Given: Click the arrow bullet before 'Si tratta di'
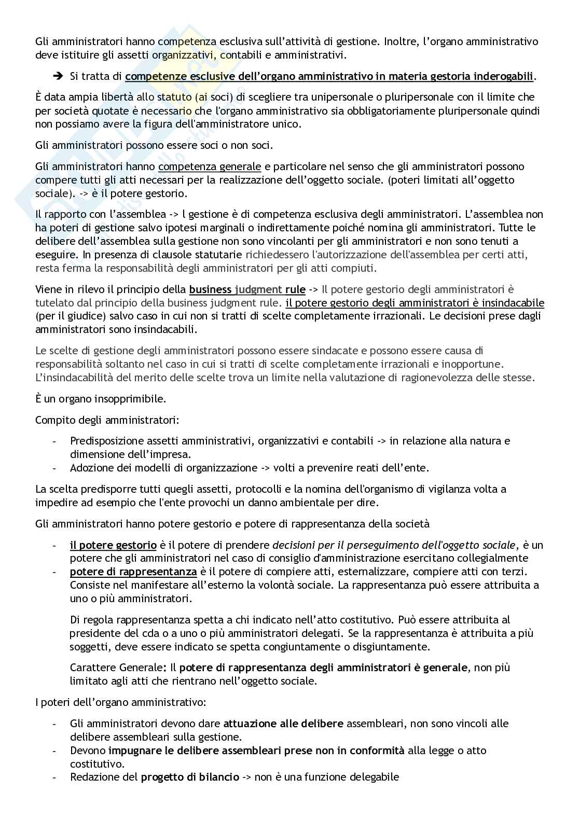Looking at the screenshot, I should (x=57, y=76).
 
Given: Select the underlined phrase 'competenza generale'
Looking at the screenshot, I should (x=210, y=166).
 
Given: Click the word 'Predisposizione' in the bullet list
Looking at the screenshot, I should (x=105, y=441).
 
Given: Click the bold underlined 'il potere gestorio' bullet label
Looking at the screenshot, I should (x=113, y=545).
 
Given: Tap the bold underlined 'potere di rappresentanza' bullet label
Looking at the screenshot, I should (x=133, y=572).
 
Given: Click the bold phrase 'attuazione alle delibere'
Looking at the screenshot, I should (x=283, y=724).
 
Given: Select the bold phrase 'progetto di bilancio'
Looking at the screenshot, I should (x=190, y=778).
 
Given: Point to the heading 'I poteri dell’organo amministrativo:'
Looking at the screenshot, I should (x=120, y=703).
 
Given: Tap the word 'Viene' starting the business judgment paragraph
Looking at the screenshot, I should (x=48, y=289).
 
